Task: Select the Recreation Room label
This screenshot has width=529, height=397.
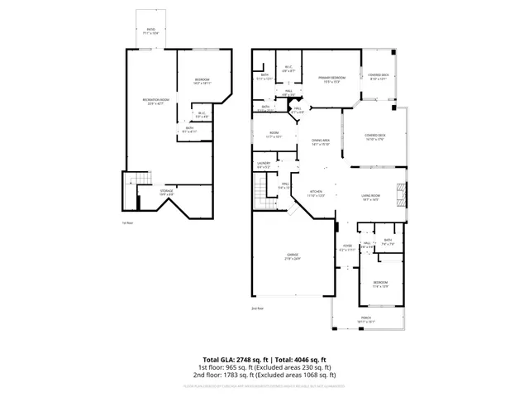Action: [x=154, y=101]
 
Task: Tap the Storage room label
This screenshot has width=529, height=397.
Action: [x=166, y=192]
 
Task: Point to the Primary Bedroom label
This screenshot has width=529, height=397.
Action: [x=331, y=79]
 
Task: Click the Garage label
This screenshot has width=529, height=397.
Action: [x=293, y=256]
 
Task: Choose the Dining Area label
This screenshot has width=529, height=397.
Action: [x=321, y=141]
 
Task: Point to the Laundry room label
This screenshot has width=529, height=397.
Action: [x=263, y=165]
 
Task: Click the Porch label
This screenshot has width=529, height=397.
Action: [x=366, y=319]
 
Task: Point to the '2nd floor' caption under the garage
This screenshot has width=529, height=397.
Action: [x=257, y=308]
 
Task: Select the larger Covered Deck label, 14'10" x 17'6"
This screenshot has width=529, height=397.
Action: [x=376, y=136]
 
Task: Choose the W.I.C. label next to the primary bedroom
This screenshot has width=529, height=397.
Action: [x=288, y=69]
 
